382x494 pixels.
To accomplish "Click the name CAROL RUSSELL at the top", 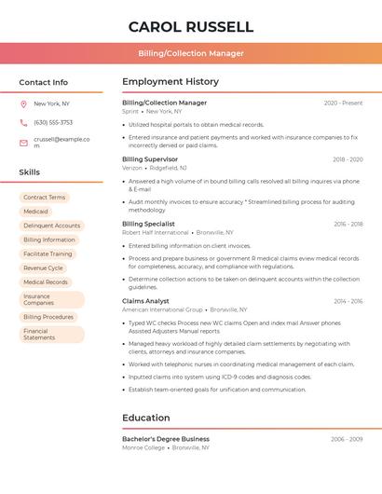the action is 190,26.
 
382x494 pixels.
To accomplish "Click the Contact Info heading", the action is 44,82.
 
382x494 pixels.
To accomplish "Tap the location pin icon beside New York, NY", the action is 23,103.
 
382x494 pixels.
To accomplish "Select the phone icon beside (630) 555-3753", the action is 23,122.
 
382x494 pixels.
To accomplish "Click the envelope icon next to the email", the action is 23,142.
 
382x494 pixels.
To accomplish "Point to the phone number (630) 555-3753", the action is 53,122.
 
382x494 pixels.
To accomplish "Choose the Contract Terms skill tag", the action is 45,198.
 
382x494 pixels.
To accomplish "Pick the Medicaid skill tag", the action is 35,212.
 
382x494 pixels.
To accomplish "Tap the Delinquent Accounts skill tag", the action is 51,226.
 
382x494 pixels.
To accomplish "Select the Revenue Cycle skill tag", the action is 43,268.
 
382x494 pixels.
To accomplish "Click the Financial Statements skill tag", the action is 39,334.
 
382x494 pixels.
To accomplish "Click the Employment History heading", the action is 171,82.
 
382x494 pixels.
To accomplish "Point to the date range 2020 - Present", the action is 343,103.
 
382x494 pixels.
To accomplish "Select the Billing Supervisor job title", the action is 151,159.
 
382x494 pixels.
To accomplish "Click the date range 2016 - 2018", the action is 348,224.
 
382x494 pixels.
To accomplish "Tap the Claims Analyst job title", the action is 145,301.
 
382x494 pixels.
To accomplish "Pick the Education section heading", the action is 146,418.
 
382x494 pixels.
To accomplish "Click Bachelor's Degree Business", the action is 166,438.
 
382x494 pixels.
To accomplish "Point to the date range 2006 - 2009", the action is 347,438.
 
